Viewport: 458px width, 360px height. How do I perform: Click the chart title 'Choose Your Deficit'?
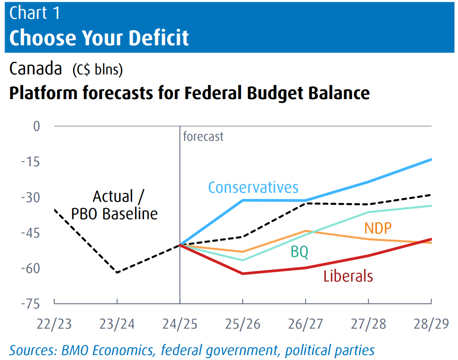[99, 38]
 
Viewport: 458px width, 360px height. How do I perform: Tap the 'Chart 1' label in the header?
[35, 13]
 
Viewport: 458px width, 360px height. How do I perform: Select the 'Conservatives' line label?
[253, 187]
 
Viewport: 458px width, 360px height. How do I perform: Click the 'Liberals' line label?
[348, 276]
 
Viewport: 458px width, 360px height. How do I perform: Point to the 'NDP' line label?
[378, 228]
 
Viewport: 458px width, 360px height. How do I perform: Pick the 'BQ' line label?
[299, 252]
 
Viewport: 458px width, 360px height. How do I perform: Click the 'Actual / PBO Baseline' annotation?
[114, 205]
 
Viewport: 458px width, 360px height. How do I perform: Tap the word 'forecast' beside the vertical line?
[203, 136]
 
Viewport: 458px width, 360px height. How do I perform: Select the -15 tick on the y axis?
[31, 162]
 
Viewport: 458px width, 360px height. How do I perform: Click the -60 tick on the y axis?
[31, 269]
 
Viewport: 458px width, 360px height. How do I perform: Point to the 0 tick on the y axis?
[36, 126]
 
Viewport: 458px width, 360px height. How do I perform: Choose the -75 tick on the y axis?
[31, 304]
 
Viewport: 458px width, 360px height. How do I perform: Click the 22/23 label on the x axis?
[54, 324]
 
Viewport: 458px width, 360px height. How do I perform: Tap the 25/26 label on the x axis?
[243, 324]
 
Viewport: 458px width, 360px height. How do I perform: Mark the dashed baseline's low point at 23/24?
[117, 273]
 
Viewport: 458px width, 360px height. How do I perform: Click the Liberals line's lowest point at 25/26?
[243, 273]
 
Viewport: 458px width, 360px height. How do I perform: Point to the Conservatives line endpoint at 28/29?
[431, 159]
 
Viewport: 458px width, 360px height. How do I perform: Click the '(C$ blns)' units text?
[98, 70]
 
